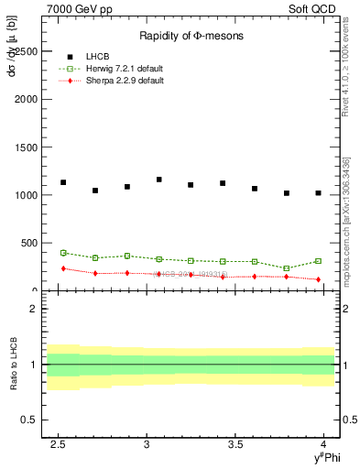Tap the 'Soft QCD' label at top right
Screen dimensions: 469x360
tap(312, 7)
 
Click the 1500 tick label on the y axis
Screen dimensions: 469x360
tap(27, 147)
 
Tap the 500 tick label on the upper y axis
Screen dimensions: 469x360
tap(30, 243)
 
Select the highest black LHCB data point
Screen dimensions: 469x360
tap(159, 180)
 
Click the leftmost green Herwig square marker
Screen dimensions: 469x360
tap(63, 253)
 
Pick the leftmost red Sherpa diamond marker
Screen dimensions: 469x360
tap(63, 268)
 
